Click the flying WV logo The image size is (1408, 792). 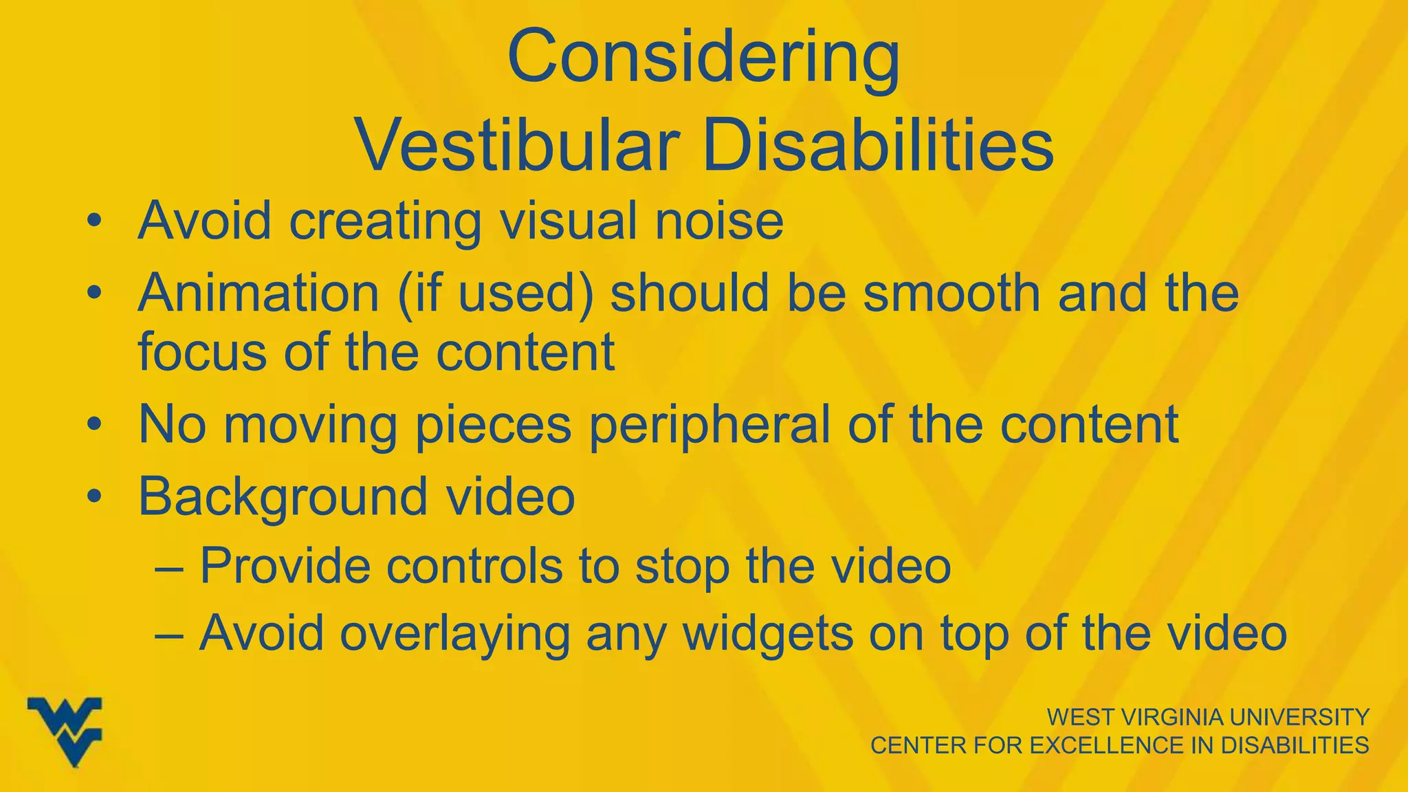pyautogui.click(x=65, y=731)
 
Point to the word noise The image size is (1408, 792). pyautogui.click(x=719, y=221)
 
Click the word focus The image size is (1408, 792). pyautogui.click(x=203, y=352)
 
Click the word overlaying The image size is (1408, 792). pyautogui.click(x=454, y=633)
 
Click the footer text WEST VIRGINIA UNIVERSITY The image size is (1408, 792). pyautogui.click(x=1207, y=717)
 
